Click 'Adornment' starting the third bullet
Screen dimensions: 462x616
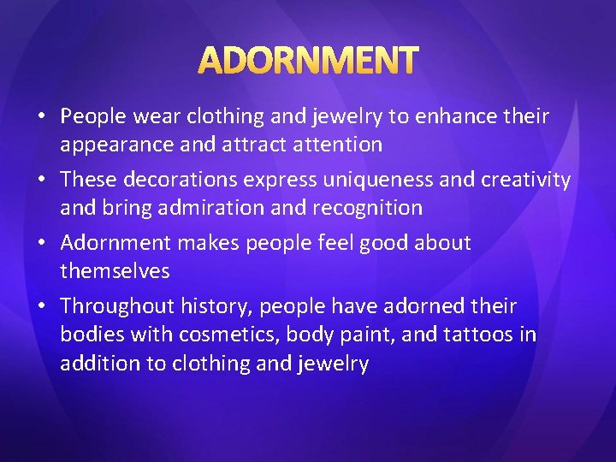(116, 243)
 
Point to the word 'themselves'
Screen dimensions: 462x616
(115, 271)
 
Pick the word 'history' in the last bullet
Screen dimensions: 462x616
(216, 306)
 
